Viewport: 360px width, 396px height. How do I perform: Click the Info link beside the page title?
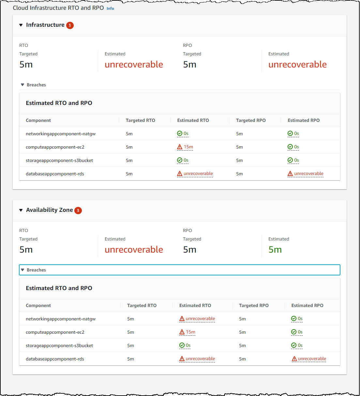pyautogui.click(x=110, y=8)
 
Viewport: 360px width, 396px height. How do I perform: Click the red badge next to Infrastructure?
pyautogui.click(x=70, y=25)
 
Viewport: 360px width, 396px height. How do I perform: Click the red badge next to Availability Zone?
pyautogui.click(x=78, y=211)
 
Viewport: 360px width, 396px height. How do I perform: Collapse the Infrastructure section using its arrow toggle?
pyautogui.click(x=21, y=25)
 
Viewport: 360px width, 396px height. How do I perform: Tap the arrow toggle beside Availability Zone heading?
pyautogui.click(x=21, y=210)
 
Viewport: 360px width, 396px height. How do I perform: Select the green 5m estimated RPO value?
pyautogui.click(x=275, y=250)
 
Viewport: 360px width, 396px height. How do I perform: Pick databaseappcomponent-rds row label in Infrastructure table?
pyautogui.click(x=55, y=174)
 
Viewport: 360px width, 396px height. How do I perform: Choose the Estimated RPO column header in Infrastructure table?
pyautogui.click(x=303, y=121)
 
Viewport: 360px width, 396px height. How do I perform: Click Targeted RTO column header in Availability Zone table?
pyautogui.click(x=142, y=306)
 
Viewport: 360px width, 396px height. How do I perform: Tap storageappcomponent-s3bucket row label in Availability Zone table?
pyautogui.click(x=59, y=346)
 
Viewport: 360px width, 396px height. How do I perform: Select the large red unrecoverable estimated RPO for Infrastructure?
pyautogui.click(x=297, y=65)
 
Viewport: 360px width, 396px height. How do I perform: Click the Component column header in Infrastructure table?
pyautogui.click(x=38, y=121)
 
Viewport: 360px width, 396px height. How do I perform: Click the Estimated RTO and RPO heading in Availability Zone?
pyautogui.click(x=59, y=288)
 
